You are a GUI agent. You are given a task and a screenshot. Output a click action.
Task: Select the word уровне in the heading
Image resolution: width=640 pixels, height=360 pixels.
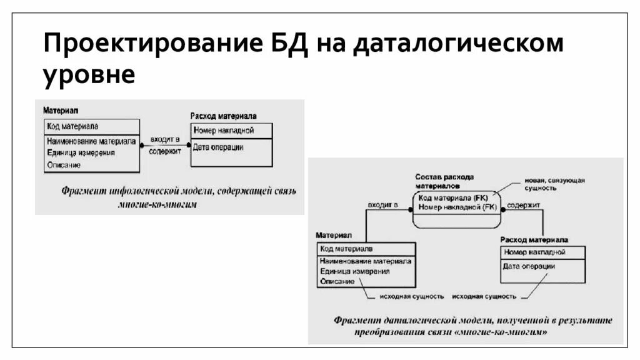(89, 75)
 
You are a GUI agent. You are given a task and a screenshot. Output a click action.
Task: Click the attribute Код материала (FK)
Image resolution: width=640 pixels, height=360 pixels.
(453, 197)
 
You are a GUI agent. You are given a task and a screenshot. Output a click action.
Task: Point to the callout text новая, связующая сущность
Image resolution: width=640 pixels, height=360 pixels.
(554, 183)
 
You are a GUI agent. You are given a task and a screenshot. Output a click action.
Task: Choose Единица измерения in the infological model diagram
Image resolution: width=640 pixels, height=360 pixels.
(81, 152)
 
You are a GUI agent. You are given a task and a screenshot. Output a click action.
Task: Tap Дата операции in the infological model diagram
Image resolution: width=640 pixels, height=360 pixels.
(218, 147)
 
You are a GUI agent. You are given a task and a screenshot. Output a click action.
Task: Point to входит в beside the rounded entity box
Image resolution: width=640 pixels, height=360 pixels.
(383, 204)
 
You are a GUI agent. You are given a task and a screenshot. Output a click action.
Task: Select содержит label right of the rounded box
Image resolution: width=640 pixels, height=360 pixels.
(523, 204)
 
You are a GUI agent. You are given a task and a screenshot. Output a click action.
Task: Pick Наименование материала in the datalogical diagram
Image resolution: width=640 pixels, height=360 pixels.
(365, 261)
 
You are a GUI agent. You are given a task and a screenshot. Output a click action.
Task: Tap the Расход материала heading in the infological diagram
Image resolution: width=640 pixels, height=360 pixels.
(223, 116)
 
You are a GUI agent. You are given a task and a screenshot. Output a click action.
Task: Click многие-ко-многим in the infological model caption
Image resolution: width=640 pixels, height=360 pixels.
(157, 204)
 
